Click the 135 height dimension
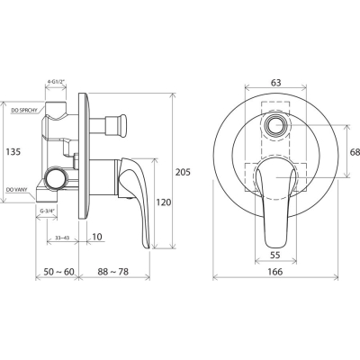pyautogui.click(x=13, y=152)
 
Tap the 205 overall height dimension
pyautogui.click(x=183, y=173)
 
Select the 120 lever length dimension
pyautogui.click(x=164, y=202)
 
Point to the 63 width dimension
pyautogui.click(x=275, y=82)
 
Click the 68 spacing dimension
pyautogui.click(x=355, y=152)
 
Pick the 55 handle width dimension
pyautogui.click(x=275, y=255)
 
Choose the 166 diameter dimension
pyautogui.click(x=275, y=272)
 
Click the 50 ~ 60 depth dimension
pyautogui.click(x=58, y=272)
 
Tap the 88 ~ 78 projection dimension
pyautogui.click(x=113, y=272)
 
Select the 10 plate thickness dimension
pyautogui.click(x=97, y=237)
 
